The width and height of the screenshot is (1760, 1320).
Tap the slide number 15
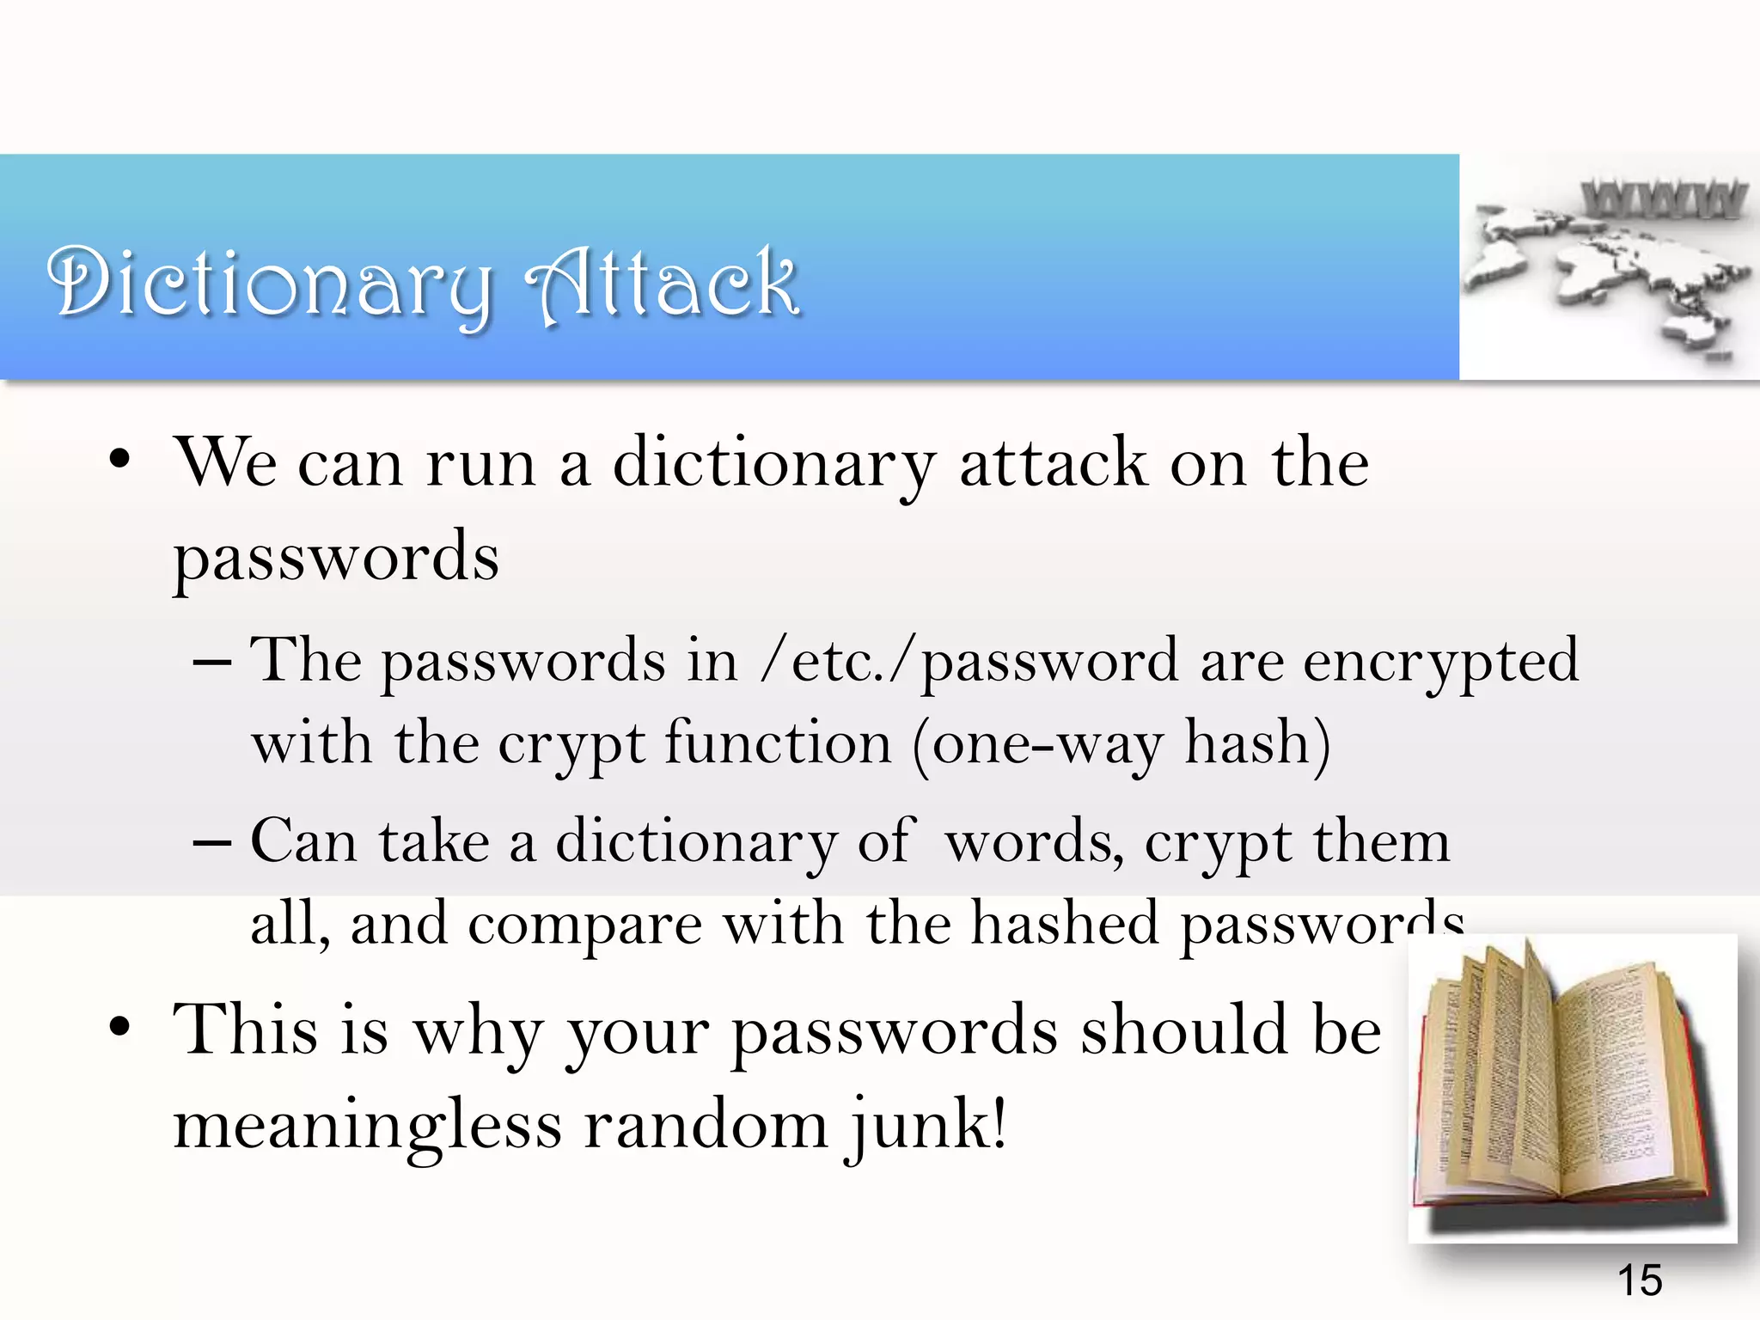[x=1640, y=1280]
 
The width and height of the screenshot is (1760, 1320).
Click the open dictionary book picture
[x=1571, y=1087]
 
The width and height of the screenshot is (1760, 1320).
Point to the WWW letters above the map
[x=1664, y=199]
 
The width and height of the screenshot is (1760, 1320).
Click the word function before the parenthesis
[x=778, y=742]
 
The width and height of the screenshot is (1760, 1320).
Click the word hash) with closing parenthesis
[x=1258, y=742]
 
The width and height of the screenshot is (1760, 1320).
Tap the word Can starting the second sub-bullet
[x=303, y=840]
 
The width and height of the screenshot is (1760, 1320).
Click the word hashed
[x=1066, y=923]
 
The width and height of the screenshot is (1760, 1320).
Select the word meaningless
[x=368, y=1126]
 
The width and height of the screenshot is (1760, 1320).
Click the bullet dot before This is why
[x=119, y=1027]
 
